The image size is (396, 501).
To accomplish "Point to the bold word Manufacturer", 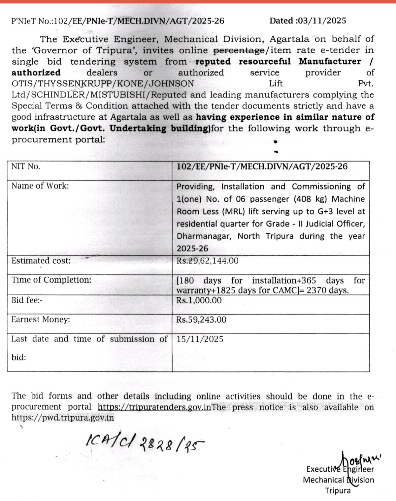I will [x=330, y=62].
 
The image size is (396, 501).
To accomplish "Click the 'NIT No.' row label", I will [x=26, y=167].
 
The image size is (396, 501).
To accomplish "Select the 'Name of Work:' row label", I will [x=40, y=186].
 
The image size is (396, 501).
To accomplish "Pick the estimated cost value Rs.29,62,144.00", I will [x=207, y=261].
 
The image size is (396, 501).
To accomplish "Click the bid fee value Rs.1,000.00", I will [x=199, y=300].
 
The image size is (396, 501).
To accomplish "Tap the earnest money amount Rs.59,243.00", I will [x=201, y=320].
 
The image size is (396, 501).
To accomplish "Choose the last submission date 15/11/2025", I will [x=200, y=339].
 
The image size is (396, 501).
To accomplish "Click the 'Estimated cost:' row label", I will [x=41, y=261].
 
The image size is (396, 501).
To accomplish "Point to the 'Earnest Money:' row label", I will [x=41, y=320].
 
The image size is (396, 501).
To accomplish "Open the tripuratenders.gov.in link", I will [x=154, y=407].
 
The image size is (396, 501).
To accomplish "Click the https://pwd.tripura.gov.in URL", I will [x=63, y=418].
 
